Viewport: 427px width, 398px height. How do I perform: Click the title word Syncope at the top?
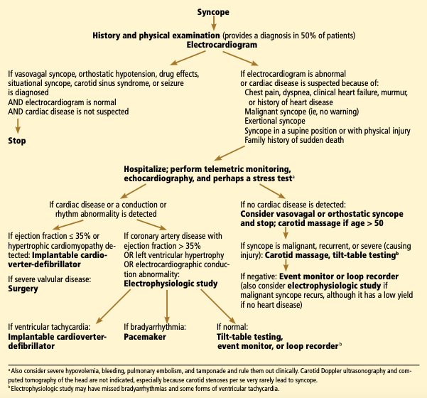pos(213,11)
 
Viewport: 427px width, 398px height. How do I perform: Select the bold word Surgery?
pos(24,290)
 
